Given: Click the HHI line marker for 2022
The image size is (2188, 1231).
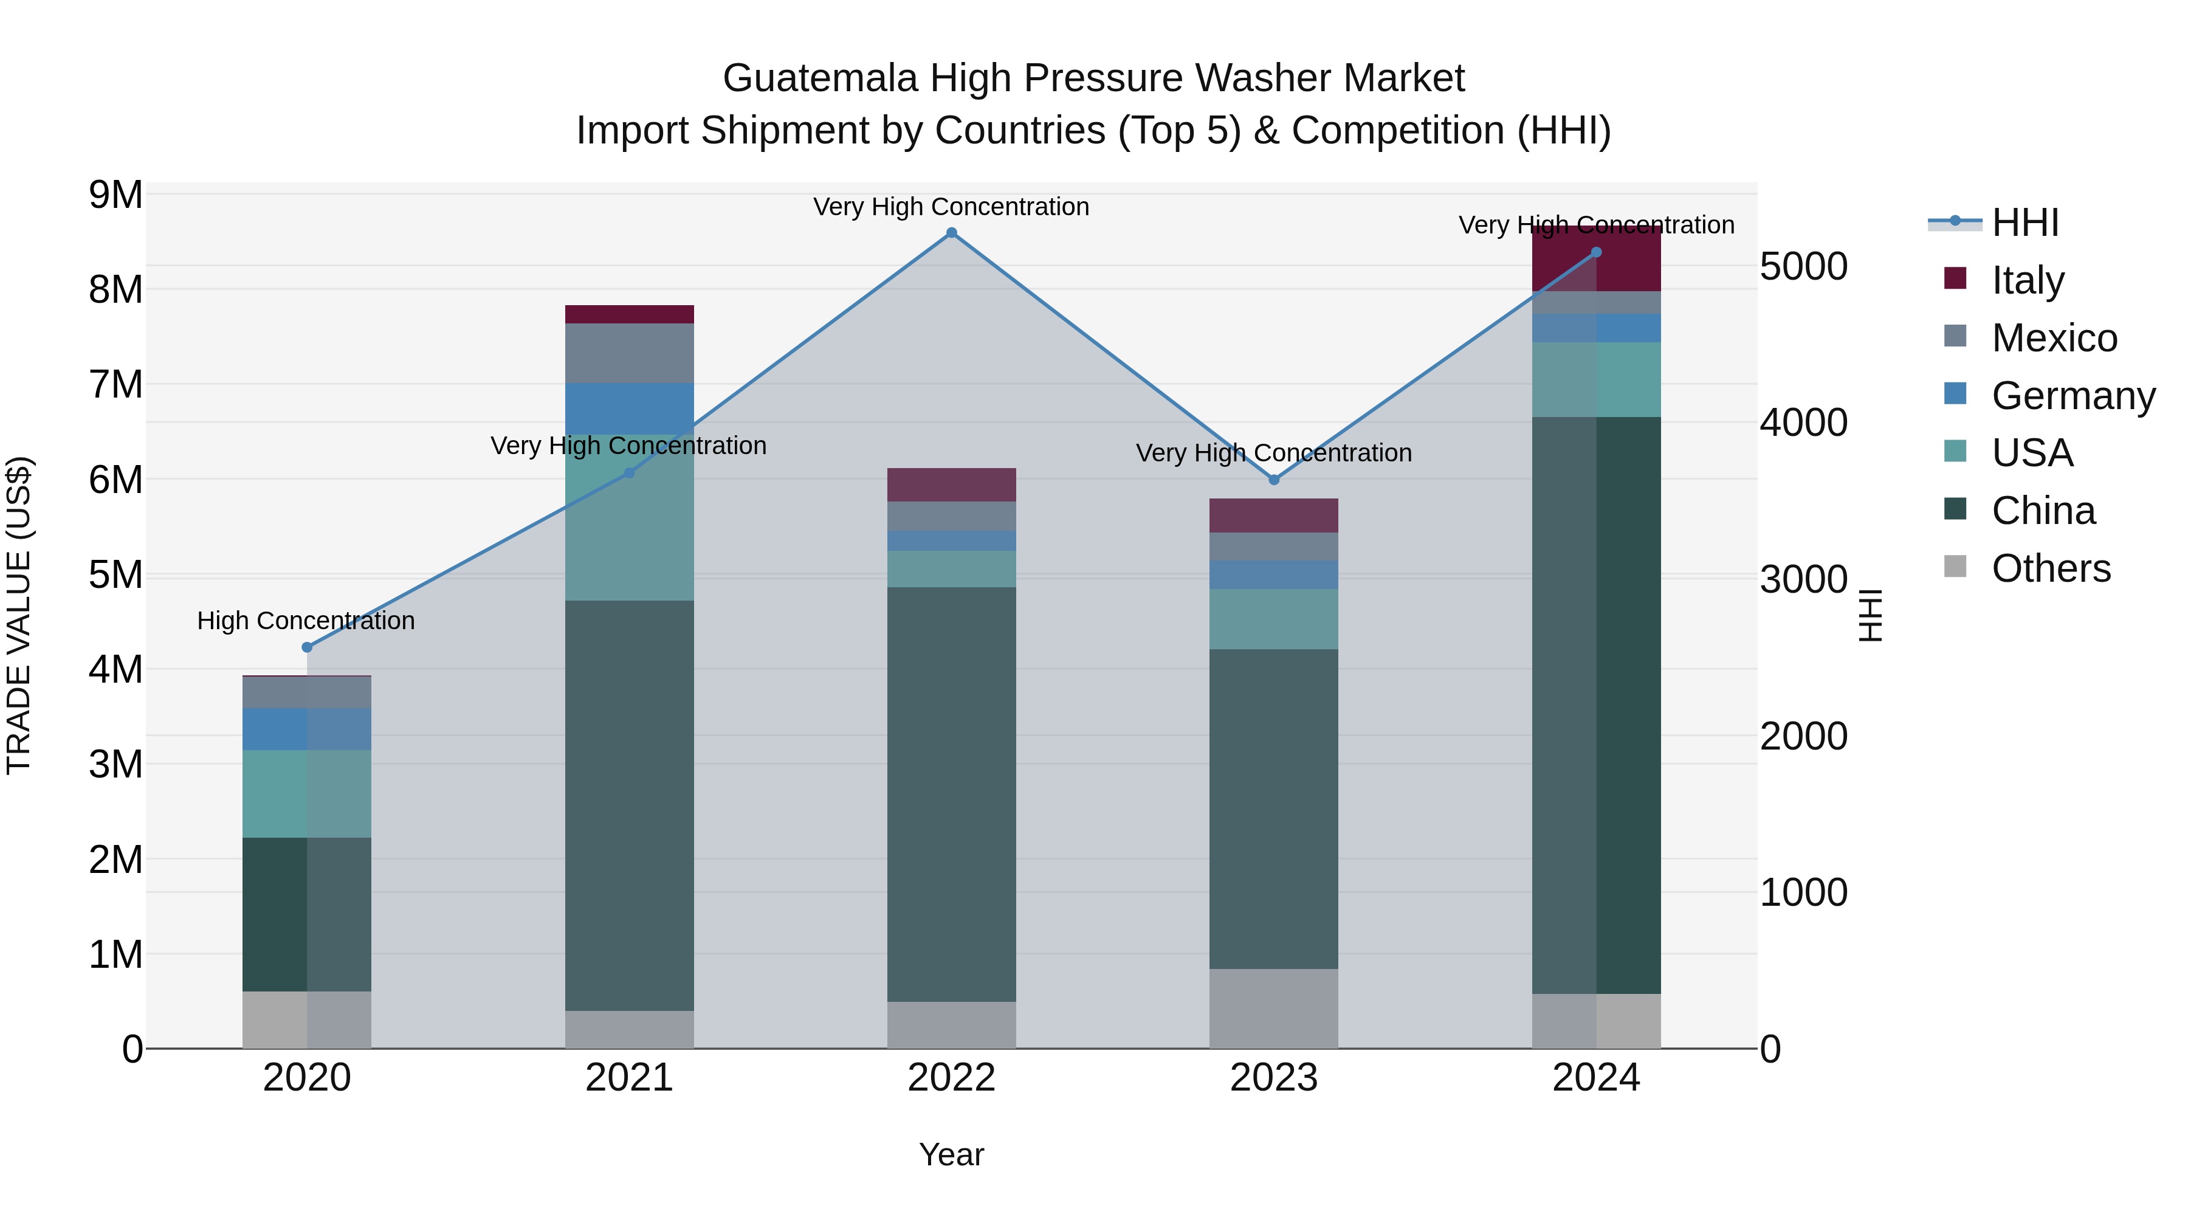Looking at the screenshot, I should tap(951, 233).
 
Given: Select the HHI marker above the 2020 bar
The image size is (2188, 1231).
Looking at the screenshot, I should tap(308, 647).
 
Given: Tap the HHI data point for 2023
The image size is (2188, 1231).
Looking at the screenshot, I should tap(1273, 480).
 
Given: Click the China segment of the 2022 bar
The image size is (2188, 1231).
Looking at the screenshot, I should tap(951, 795).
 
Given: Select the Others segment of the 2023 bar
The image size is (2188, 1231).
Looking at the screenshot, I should tap(1273, 1009).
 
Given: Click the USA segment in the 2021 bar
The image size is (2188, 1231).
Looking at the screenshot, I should tap(630, 518).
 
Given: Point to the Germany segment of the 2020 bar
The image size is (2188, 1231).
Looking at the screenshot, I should tap(307, 729).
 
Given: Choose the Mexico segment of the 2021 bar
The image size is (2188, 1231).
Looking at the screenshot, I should tap(630, 353).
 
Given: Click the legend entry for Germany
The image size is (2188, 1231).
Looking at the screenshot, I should tap(2073, 396).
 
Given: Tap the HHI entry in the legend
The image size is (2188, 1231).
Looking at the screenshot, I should tap(2025, 222).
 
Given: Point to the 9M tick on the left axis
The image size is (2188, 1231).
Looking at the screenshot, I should tap(116, 195).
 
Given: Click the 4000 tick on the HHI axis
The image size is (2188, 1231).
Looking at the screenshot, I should tap(1803, 422).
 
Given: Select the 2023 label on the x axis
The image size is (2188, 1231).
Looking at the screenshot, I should tap(1273, 1078).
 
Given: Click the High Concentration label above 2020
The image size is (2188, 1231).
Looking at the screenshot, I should tap(306, 621).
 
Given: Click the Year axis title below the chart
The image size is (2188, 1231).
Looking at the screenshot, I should tap(951, 1154).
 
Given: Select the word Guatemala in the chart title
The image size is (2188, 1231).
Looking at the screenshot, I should tap(820, 78).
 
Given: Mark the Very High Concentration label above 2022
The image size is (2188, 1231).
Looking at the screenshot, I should tap(951, 207).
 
